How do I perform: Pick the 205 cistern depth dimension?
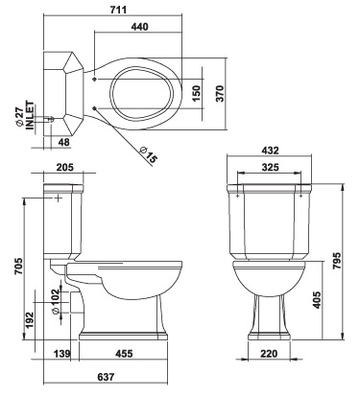click(x=64, y=167)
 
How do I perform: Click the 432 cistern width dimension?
click(x=271, y=151)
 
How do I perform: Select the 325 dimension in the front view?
click(x=273, y=167)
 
